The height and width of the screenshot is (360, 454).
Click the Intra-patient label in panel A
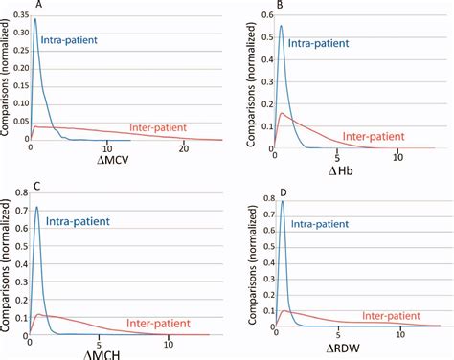(74, 41)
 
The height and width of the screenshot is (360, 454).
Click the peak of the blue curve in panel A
(35, 17)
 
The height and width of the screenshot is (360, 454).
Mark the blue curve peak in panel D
(282, 200)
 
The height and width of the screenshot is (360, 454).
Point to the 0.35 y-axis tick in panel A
(14, 15)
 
